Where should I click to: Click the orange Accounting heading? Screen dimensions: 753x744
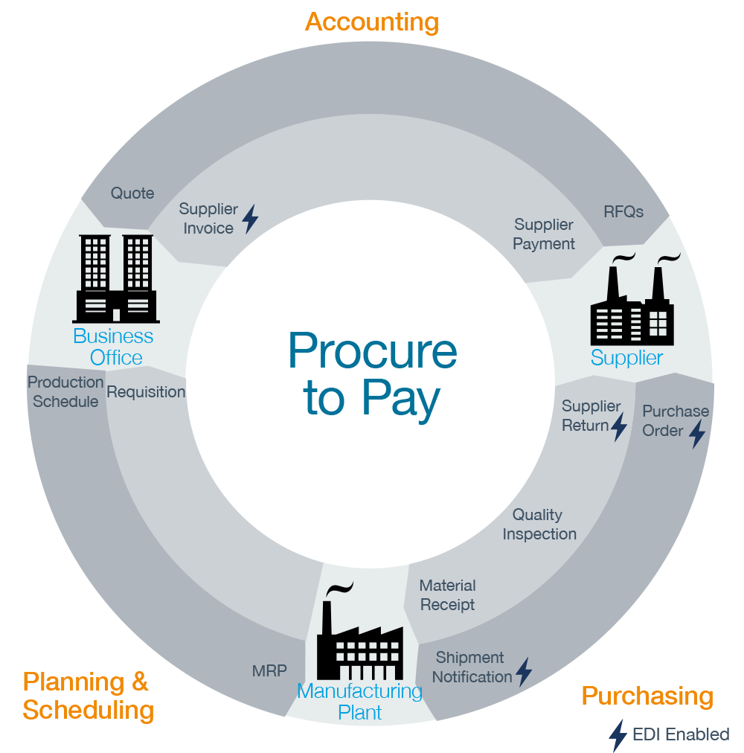coord(372,22)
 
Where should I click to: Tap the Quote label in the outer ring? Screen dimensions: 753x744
coord(132,193)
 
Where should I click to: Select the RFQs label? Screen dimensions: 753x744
coord(623,211)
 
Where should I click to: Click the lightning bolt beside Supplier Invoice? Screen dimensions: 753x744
coord(251,219)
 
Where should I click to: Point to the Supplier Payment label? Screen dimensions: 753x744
coord(544,234)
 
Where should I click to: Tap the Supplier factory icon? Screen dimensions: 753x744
coord(633,301)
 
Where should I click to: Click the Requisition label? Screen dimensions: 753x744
coord(146,392)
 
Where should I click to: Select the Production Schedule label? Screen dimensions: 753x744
coord(65,392)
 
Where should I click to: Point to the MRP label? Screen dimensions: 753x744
coord(269,670)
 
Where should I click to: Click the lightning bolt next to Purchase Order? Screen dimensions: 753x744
coord(697,432)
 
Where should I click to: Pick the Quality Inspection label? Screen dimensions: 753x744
coord(539,525)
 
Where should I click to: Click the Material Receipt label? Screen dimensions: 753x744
coord(447,595)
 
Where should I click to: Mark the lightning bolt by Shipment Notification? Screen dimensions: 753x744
coord(524,672)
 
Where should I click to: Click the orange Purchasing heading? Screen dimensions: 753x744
coord(647,696)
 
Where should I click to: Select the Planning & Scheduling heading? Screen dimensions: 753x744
coord(88,696)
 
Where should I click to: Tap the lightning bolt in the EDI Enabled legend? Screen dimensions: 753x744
coord(618,735)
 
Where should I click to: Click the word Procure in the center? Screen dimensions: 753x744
coord(372,350)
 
